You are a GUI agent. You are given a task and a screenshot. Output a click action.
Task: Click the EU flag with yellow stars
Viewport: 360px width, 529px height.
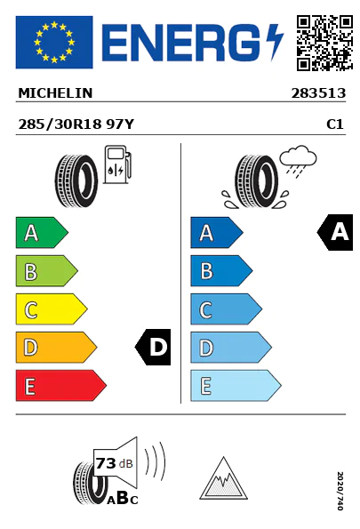click(54, 42)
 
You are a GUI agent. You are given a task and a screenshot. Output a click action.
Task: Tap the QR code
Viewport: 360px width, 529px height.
click(324, 43)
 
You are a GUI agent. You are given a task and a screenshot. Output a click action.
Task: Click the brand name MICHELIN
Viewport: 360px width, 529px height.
click(55, 93)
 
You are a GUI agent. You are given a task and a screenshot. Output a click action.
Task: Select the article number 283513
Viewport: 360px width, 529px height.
click(318, 93)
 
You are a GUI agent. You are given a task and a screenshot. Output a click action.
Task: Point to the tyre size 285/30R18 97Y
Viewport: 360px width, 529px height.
click(76, 124)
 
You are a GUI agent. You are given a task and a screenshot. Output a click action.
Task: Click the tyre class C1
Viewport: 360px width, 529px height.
click(335, 124)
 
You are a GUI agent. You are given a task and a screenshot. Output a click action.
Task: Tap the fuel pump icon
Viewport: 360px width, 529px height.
click(117, 164)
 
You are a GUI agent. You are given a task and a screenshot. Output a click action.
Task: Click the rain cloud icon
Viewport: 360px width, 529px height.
click(298, 161)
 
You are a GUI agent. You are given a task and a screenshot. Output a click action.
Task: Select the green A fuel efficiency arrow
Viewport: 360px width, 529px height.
click(42, 232)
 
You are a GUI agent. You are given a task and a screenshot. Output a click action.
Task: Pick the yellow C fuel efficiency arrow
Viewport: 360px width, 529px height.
click(52, 309)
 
